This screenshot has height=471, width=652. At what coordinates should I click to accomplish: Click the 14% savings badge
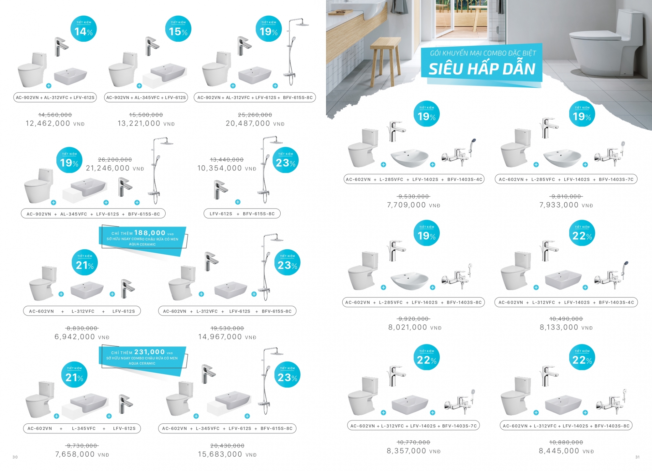click(83, 29)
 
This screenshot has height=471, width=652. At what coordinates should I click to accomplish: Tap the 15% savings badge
click(178, 29)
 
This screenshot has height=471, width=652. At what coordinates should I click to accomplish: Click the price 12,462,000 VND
click(55, 124)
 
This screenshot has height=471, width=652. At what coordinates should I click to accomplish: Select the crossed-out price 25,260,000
click(255, 115)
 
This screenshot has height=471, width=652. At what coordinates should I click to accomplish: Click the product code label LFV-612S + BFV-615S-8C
click(242, 214)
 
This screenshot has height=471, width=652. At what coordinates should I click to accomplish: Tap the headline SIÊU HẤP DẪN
click(482, 69)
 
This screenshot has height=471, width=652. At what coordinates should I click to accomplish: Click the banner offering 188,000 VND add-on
click(142, 239)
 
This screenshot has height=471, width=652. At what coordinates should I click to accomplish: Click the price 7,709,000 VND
click(413, 205)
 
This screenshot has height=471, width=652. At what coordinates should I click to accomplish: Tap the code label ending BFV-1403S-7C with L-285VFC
click(566, 179)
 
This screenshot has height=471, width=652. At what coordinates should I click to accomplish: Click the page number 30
click(15, 457)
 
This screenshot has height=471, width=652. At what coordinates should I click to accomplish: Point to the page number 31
click(637, 457)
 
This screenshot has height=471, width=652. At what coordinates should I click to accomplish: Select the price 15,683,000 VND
click(227, 454)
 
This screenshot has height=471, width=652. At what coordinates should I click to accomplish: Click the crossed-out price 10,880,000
click(566, 442)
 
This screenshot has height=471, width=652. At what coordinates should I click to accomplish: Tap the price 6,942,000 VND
click(82, 337)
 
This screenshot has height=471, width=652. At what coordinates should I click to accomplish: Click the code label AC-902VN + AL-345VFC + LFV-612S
click(146, 97)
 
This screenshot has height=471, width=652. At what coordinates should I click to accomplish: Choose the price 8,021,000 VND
click(415, 327)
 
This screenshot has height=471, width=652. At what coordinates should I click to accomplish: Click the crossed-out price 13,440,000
click(227, 159)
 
